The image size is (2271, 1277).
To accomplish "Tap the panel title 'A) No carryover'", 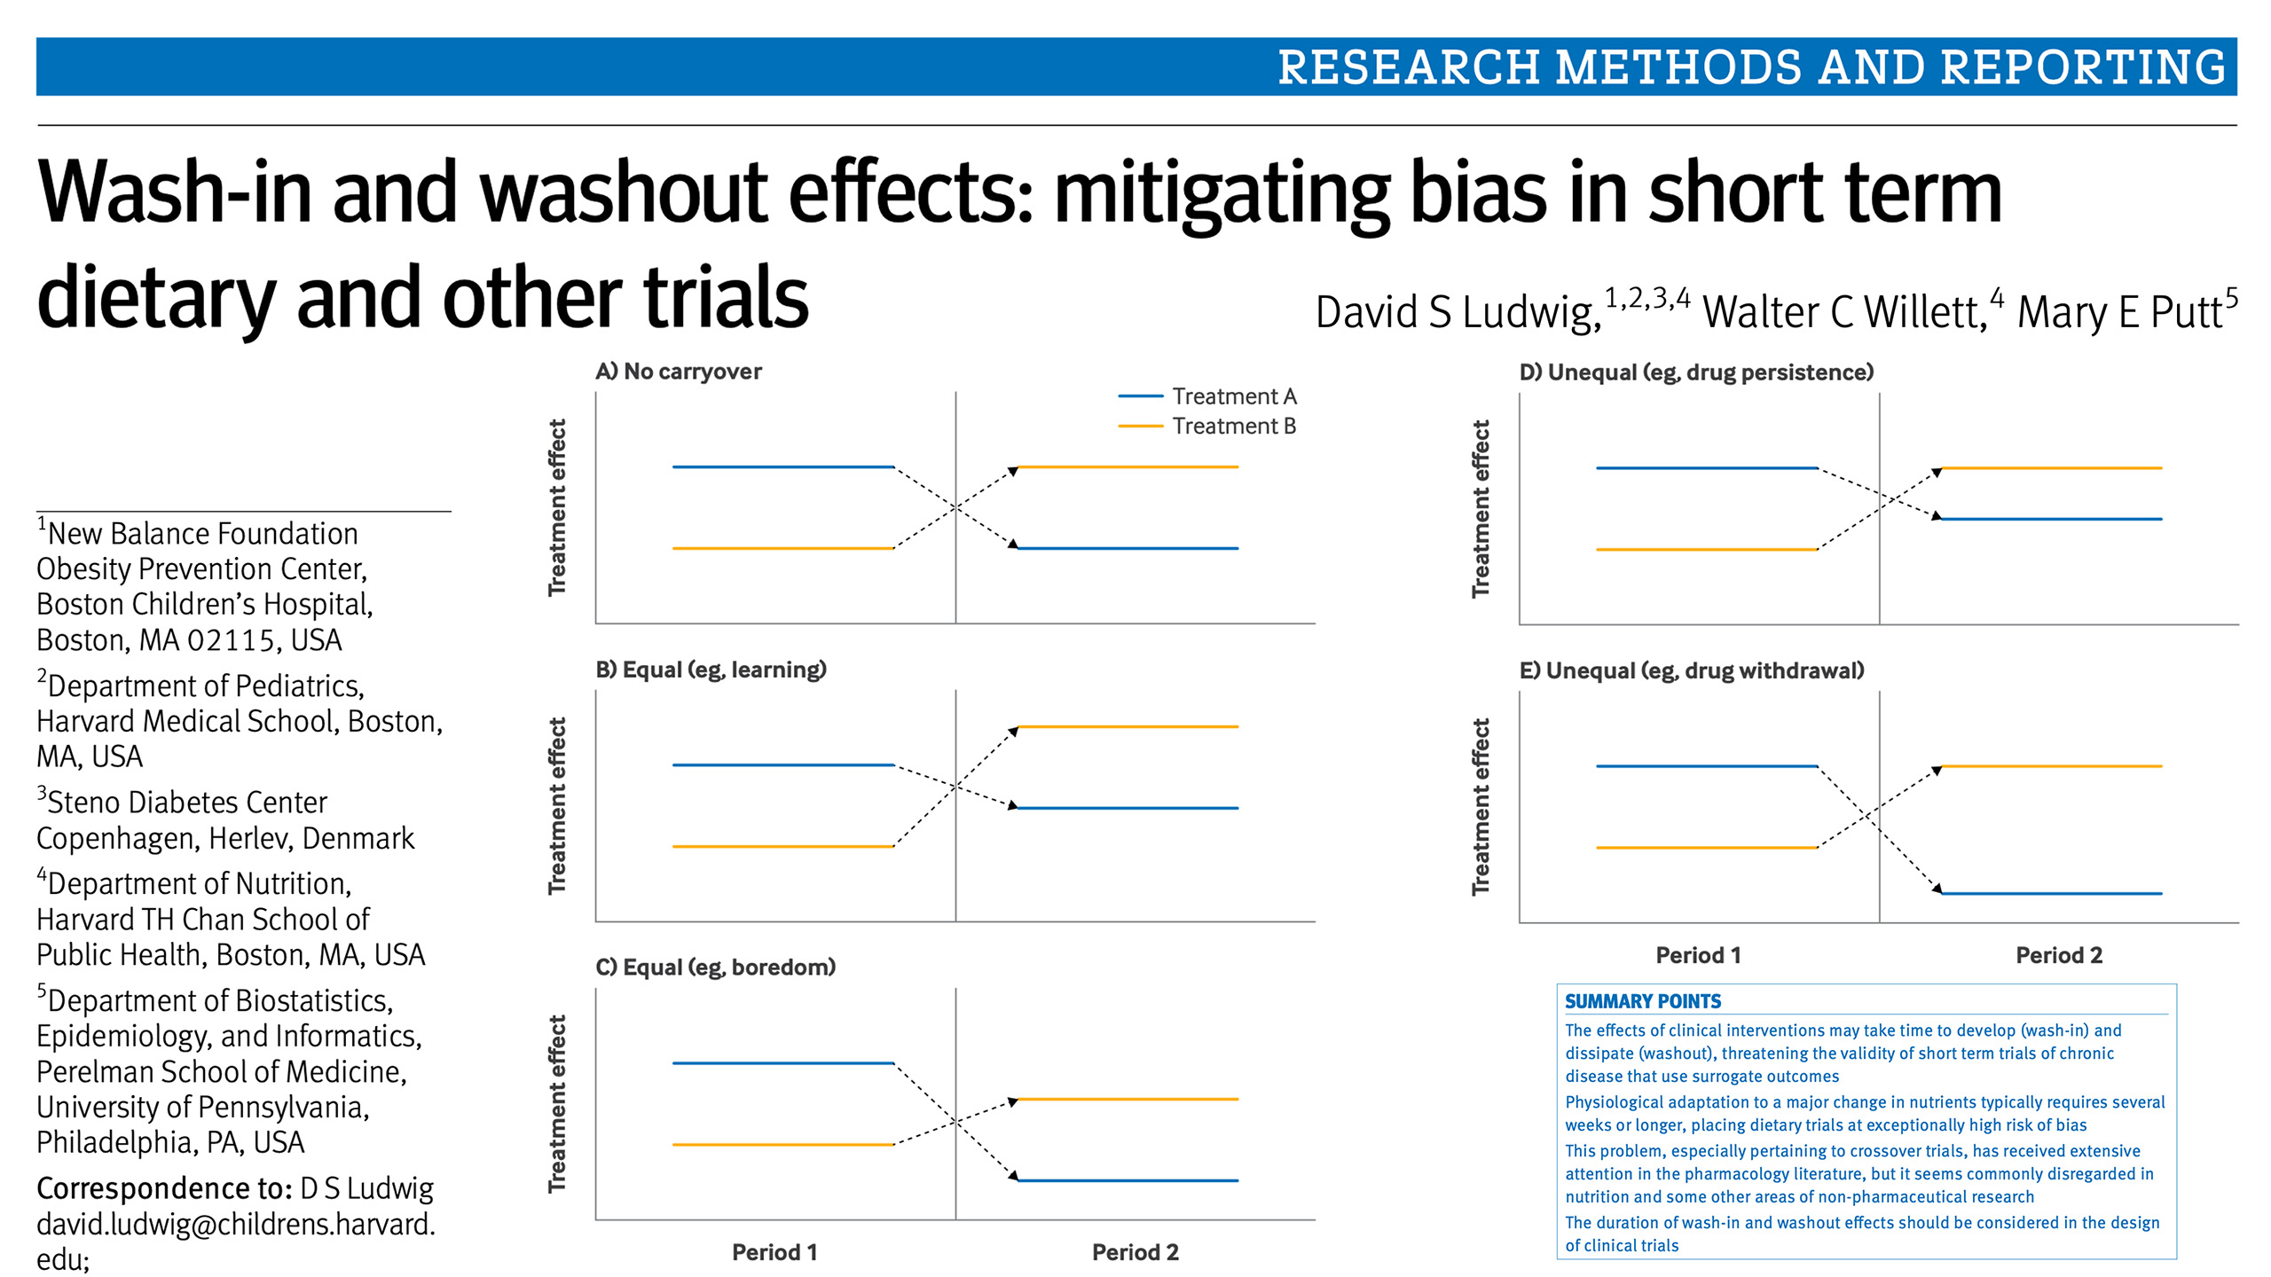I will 679,372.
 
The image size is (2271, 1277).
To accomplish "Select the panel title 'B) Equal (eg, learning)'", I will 711,670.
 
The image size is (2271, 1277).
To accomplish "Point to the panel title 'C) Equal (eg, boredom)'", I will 715,967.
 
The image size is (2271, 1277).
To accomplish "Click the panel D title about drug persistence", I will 1696,372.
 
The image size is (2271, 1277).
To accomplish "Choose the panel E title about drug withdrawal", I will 1692,670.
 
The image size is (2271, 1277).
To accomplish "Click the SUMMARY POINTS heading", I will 1642,1001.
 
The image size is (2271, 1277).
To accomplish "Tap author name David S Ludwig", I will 1458,312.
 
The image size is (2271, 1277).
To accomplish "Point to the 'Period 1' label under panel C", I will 774,1252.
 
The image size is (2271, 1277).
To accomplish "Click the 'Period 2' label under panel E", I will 2059,955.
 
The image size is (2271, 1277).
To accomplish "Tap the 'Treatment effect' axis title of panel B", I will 557,805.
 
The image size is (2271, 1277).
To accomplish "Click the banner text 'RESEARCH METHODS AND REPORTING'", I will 1751,67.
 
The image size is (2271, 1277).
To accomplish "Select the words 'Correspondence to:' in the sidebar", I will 163,1188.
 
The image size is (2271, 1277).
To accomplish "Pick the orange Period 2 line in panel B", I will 1128,727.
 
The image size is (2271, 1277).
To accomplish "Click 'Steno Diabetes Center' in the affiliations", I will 187,803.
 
